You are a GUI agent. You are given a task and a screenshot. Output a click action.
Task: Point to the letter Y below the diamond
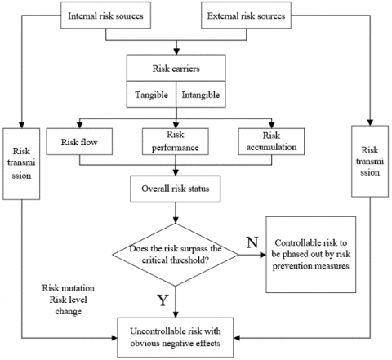point(163,301)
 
